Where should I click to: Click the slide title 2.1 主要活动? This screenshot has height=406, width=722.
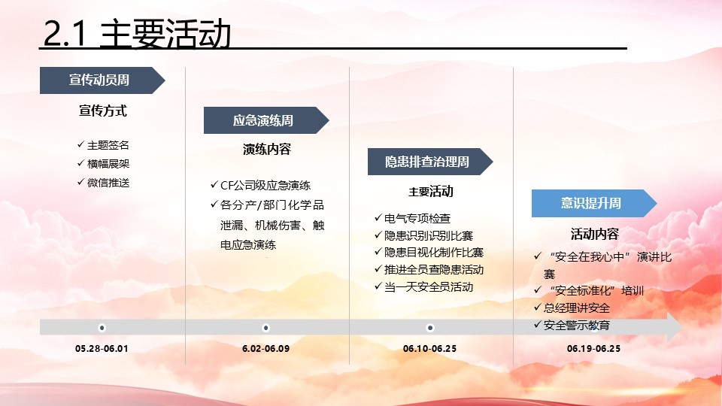(x=137, y=33)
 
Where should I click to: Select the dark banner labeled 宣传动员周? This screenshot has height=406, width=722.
(x=102, y=80)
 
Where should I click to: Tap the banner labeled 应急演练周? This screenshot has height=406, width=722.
(x=266, y=120)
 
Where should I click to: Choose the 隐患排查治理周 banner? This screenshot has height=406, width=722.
(x=430, y=162)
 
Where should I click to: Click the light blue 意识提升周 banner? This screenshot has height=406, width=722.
(x=594, y=203)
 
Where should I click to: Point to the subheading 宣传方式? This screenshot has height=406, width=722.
(x=103, y=111)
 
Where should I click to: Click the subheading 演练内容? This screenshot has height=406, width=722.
(x=267, y=149)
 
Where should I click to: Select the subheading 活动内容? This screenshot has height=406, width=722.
(x=594, y=235)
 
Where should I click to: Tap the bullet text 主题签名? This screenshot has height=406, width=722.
(x=108, y=145)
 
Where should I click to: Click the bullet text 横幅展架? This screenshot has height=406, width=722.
(x=108, y=164)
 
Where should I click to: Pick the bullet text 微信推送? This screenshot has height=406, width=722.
(x=108, y=183)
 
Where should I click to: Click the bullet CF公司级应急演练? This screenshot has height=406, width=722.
(x=265, y=186)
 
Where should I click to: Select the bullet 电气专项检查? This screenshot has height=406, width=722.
(x=417, y=218)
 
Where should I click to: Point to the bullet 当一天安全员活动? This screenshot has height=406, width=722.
(x=429, y=287)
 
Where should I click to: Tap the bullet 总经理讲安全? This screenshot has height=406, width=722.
(x=577, y=308)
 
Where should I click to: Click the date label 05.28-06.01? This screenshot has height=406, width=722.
(x=102, y=348)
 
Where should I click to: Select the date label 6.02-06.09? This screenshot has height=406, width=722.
(x=266, y=348)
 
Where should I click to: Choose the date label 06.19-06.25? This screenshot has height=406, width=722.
(x=593, y=348)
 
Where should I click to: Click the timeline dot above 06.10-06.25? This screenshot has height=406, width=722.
(x=430, y=328)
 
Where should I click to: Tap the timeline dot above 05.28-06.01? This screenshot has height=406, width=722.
(x=102, y=328)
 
